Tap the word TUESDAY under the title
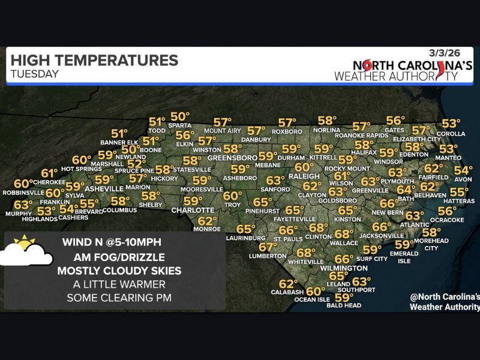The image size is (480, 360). tap(35, 74)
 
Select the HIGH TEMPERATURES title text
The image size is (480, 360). tap(94, 61)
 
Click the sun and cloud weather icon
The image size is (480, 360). tap(26, 252)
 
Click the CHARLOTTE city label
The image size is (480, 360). tap(193, 211)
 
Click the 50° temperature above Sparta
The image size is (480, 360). tap(179, 116)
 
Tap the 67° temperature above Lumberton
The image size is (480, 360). tap(268, 247)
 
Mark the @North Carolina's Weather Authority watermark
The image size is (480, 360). tap(444, 302)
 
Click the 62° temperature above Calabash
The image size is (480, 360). tap(288, 284)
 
